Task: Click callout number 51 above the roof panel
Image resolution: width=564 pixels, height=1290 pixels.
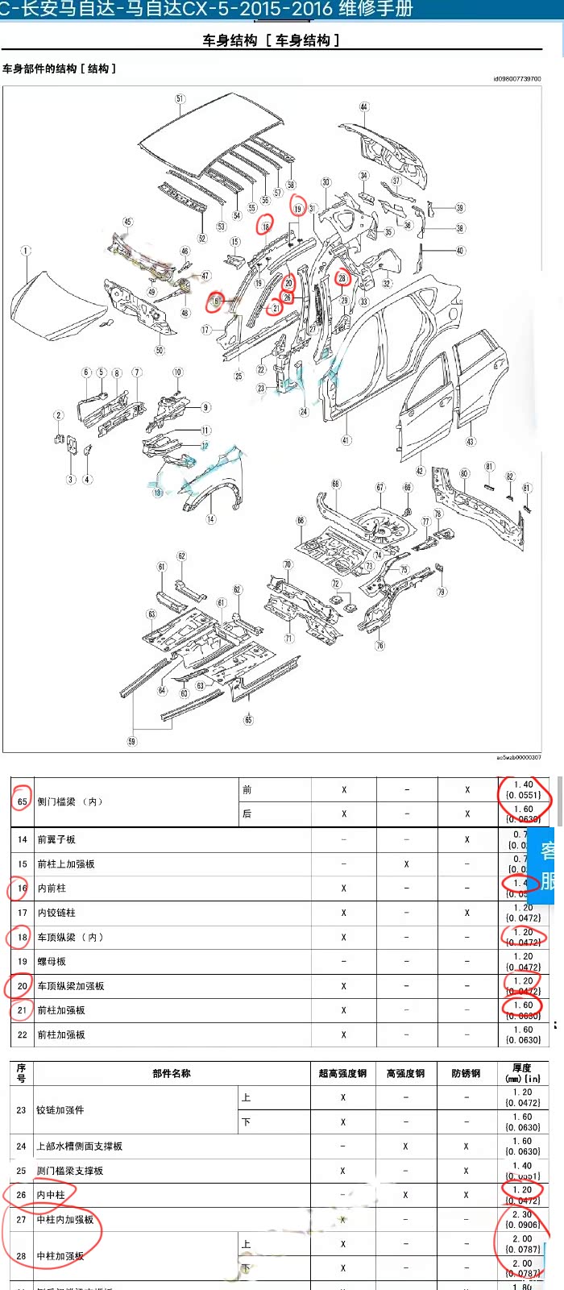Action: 180,99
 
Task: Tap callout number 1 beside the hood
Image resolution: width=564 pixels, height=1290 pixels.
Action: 26,251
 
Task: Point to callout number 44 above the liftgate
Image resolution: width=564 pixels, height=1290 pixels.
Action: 364,107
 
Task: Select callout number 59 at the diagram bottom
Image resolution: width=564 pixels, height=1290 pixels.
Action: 132,741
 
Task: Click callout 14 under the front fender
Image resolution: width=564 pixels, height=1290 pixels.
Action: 210,519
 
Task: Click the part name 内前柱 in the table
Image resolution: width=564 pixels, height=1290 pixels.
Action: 52,888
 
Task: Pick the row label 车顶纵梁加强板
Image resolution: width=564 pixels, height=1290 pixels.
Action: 71,986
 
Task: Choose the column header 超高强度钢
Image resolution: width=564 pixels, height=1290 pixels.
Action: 342,1073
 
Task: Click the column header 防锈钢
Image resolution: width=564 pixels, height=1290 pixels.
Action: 466,1073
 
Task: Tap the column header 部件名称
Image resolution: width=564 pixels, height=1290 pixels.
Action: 172,1073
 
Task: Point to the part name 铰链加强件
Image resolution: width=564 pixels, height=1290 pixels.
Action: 60,1110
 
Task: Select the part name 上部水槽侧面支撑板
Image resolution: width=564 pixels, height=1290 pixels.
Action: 79,1146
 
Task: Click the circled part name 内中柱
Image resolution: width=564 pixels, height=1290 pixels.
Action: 51,1195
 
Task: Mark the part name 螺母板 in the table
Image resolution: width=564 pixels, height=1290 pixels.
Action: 52,962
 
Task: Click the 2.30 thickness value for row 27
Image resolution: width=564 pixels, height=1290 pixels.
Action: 522,1214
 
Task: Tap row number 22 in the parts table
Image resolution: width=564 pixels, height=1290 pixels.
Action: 22,1034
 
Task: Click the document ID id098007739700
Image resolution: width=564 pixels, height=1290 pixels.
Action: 516,79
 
